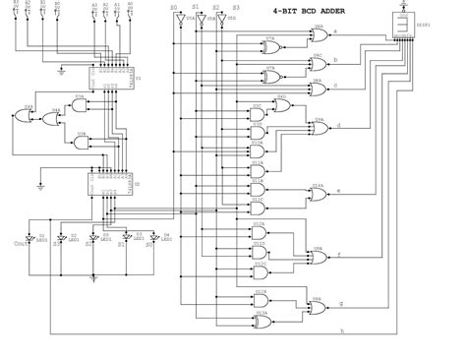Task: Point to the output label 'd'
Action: [337, 125]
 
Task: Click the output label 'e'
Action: [337, 189]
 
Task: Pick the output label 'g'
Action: [337, 303]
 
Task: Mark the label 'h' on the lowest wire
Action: [340, 330]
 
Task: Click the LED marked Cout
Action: [29, 240]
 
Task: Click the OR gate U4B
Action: [27, 115]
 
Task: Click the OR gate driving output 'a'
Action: [319, 35]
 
